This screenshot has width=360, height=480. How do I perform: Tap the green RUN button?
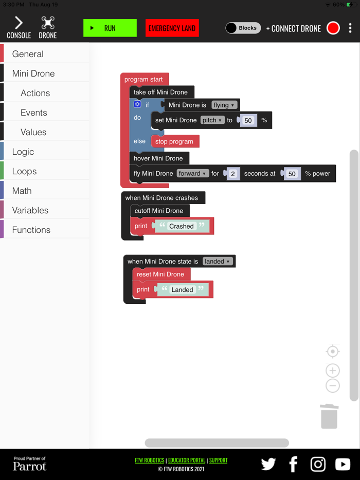click(x=110, y=28)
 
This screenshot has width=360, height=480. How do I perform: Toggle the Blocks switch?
click(x=243, y=28)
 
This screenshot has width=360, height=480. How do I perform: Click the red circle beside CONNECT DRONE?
click(x=333, y=28)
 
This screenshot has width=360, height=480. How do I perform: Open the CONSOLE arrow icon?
click(x=19, y=23)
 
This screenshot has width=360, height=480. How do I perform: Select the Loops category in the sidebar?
click(x=24, y=171)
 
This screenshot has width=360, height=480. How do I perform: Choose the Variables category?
click(x=30, y=210)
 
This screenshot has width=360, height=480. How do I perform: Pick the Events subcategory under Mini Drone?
click(x=34, y=113)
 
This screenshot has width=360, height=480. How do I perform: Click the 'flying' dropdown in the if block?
click(x=224, y=105)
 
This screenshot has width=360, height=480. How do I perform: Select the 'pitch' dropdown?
click(x=212, y=120)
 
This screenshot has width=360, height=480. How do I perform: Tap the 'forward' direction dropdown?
click(x=193, y=174)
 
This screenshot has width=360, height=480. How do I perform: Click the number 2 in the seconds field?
click(x=233, y=174)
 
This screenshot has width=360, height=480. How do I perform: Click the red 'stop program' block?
click(x=174, y=141)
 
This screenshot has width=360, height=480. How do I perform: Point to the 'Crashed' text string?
click(x=182, y=226)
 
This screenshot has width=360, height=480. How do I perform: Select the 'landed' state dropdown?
click(x=218, y=262)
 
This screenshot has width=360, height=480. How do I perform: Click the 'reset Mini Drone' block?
click(x=160, y=274)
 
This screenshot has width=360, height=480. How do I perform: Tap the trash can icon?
click(x=329, y=416)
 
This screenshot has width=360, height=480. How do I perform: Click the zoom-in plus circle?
click(x=333, y=371)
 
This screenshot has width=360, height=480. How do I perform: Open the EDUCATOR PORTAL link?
click(x=186, y=460)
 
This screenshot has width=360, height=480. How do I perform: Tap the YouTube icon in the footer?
click(x=343, y=465)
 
